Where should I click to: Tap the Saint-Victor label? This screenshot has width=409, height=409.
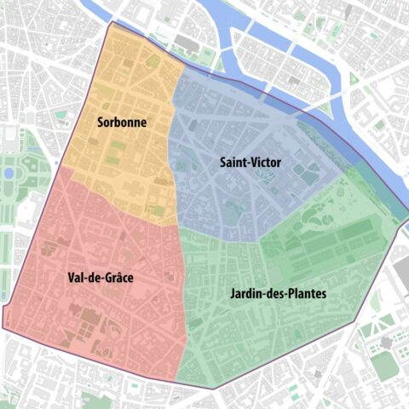(251, 161)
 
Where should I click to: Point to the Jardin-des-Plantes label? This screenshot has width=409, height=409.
(277, 294)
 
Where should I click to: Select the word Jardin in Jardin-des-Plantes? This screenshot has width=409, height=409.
(245, 294)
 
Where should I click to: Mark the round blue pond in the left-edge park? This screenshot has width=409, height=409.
(9, 173)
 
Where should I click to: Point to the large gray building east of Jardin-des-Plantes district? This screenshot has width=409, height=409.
(400, 273)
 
